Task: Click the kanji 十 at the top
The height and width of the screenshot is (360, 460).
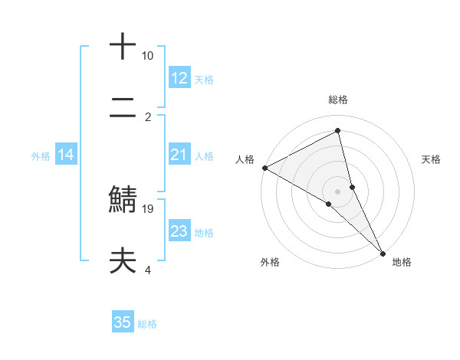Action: click(123, 46)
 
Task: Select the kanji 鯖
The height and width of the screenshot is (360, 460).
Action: click(123, 198)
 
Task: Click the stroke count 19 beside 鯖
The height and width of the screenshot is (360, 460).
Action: click(149, 208)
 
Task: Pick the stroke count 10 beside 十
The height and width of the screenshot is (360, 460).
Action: click(148, 56)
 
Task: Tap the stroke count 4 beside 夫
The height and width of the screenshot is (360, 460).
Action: click(148, 270)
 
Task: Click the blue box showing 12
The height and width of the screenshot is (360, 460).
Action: click(179, 78)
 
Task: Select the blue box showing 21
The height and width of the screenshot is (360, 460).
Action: click(179, 155)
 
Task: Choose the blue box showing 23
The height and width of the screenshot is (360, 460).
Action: click(179, 232)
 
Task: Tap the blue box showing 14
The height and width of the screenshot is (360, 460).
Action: click(66, 155)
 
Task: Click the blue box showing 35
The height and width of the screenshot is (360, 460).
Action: click(123, 322)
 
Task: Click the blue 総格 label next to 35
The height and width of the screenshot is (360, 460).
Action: click(147, 324)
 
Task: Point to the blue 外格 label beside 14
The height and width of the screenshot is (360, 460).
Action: click(41, 156)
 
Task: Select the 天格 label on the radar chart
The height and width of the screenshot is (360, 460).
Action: click(431, 159)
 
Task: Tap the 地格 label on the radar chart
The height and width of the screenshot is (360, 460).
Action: click(402, 262)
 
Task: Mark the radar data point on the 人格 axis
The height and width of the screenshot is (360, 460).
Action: click(264, 168)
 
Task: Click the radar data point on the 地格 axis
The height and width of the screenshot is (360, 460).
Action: click(383, 252)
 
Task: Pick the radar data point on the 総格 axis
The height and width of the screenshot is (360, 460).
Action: click(338, 132)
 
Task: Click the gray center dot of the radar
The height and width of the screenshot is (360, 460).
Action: click(338, 191)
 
